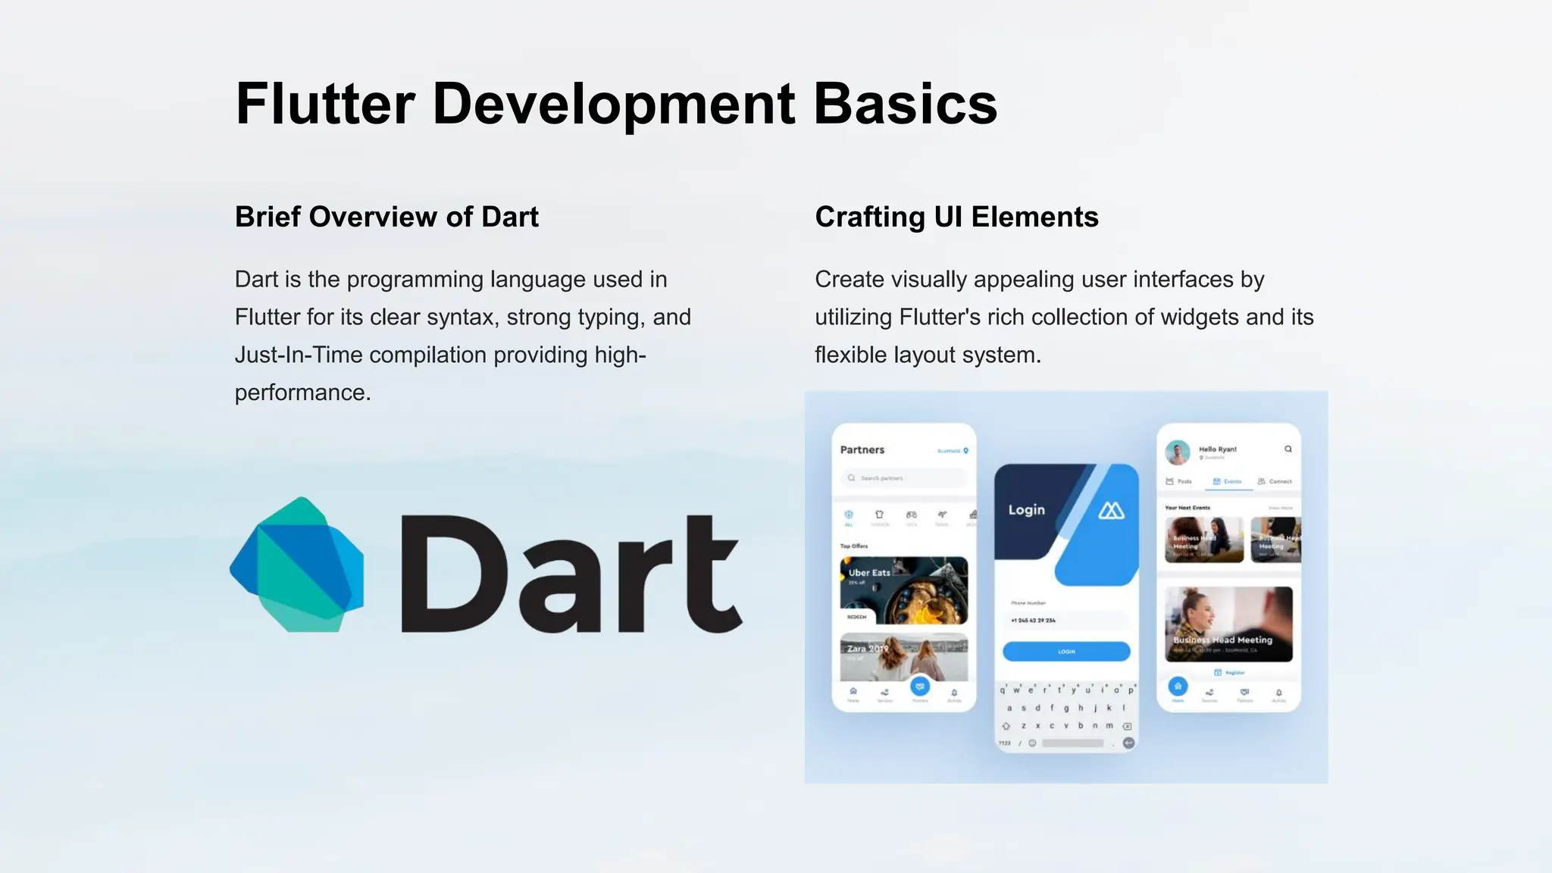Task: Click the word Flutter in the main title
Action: (x=325, y=104)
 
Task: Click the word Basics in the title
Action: (x=905, y=104)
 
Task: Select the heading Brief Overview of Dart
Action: (x=386, y=217)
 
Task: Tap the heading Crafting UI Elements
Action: (x=956, y=217)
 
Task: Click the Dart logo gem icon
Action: (x=297, y=565)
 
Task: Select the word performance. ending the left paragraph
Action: (x=302, y=393)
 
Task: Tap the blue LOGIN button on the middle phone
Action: (x=1066, y=651)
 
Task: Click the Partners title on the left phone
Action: (x=862, y=449)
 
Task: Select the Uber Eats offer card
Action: (x=903, y=590)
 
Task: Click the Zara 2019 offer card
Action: (x=903, y=656)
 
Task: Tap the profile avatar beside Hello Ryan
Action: (x=1177, y=452)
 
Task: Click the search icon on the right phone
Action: (x=1288, y=449)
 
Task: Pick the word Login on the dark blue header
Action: (x=1026, y=510)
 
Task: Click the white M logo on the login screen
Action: (x=1111, y=511)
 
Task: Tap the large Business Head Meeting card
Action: (x=1228, y=624)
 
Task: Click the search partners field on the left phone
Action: (x=903, y=478)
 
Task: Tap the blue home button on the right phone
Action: (x=1178, y=687)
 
